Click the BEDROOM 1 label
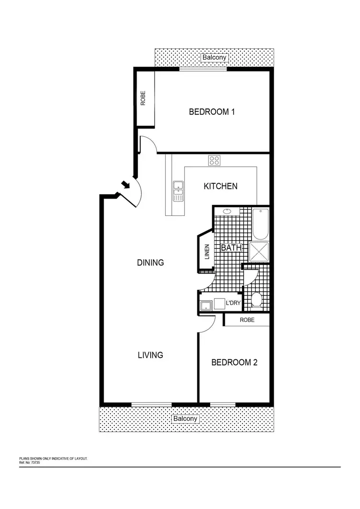[x=212, y=112]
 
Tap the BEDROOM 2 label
[x=234, y=362]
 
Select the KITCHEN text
[x=220, y=186]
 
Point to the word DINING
[x=150, y=262]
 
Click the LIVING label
[x=150, y=355]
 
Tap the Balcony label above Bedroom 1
[x=214, y=58]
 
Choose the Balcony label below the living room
[x=185, y=419]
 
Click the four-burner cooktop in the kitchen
[x=214, y=161]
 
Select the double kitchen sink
[x=178, y=191]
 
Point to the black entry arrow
[x=125, y=184]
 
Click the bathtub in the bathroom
[x=261, y=224]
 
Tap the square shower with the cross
[x=259, y=252]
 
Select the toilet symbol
[x=256, y=300]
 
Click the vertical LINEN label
[x=207, y=252]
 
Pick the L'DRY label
[x=233, y=303]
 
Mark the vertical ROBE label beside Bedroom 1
[x=143, y=98]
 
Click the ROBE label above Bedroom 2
[x=247, y=320]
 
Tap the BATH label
[x=230, y=248]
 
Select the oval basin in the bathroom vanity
[x=227, y=211]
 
